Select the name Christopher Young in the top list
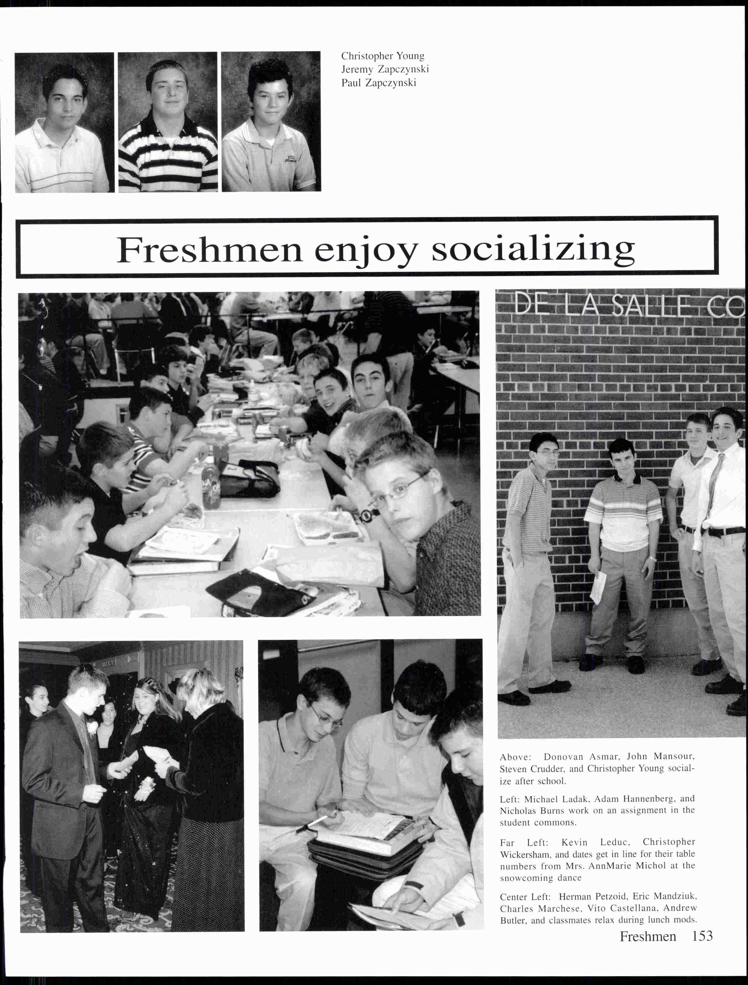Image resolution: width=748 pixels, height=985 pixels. click(x=382, y=56)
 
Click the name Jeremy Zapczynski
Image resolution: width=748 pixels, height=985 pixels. click(x=385, y=69)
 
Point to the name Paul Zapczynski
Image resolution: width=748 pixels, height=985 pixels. click(x=379, y=83)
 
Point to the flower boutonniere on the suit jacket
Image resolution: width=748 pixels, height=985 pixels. click(x=93, y=729)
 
